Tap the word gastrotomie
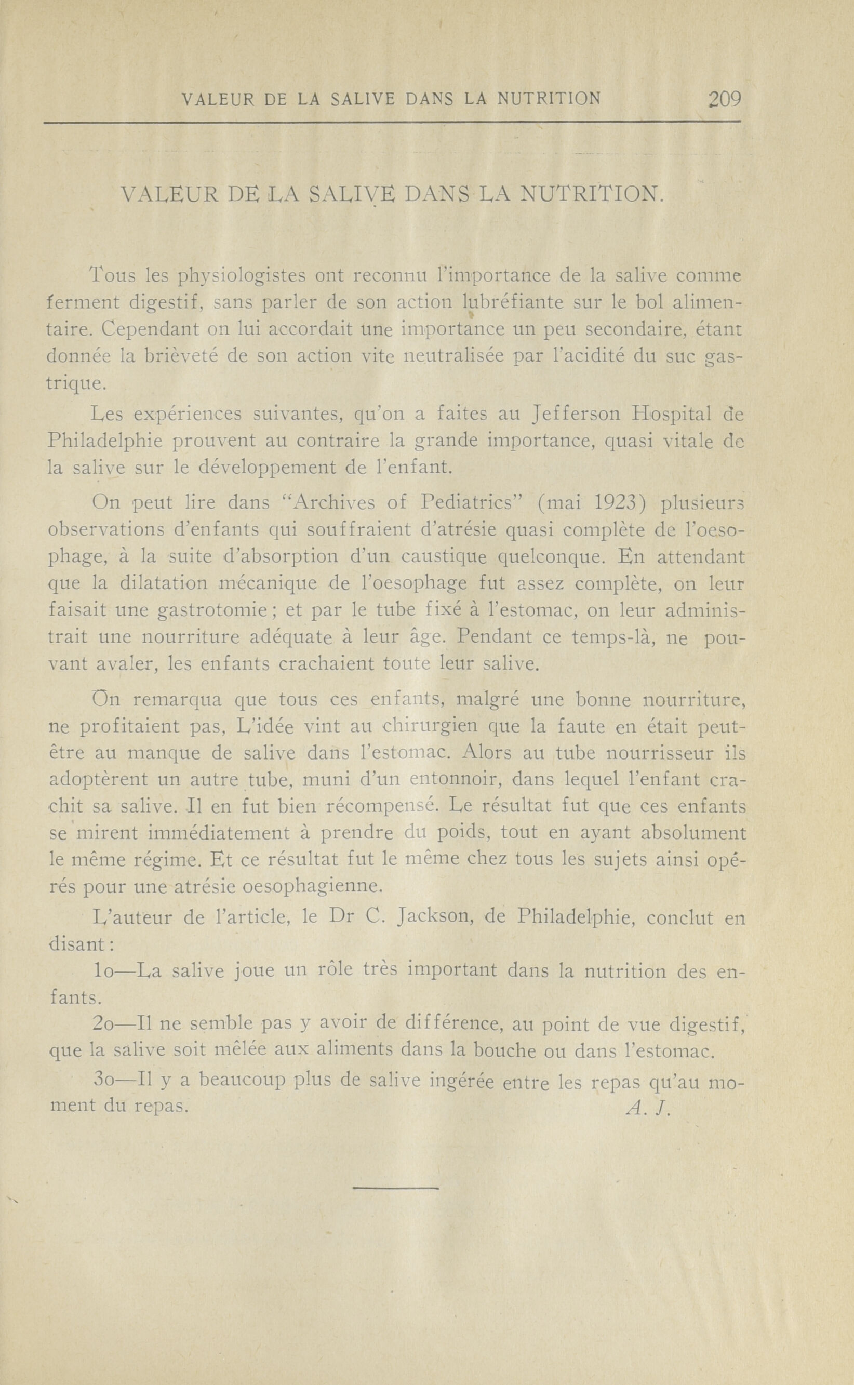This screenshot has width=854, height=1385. (x=212, y=610)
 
